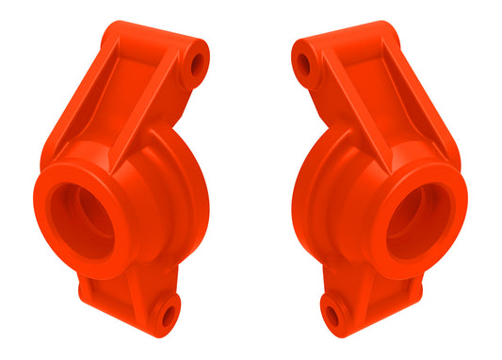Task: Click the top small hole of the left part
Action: click(x=197, y=65)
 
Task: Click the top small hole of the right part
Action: click(x=303, y=65)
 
